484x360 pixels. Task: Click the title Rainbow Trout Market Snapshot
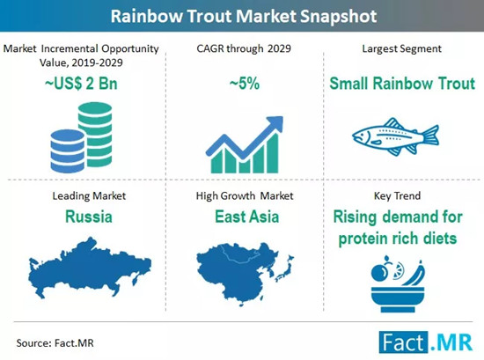pos(244,16)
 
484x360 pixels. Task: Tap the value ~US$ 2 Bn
pos(81,84)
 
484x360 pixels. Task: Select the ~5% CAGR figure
pos(245,84)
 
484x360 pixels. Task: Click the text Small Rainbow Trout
pos(402,84)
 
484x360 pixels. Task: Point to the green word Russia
pos(89,217)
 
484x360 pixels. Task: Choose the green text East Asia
pos(247,217)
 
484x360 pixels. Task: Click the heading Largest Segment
pos(401,48)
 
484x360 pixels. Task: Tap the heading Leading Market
pos(89,195)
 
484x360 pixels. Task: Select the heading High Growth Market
pos(245,195)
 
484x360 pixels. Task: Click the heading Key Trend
pos(397,195)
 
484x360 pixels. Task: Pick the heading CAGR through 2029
pos(244,48)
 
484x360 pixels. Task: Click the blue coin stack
pos(68,151)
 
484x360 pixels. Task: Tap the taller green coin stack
pos(95,135)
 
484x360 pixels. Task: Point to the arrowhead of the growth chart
pos(275,123)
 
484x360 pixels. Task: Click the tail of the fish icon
pos(431,136)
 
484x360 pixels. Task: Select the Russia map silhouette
pos(90,268)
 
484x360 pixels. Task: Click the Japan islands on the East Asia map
pos(284,268)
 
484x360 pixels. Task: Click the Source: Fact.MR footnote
pos(55,343)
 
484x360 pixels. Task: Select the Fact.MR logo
pos(426,342)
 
